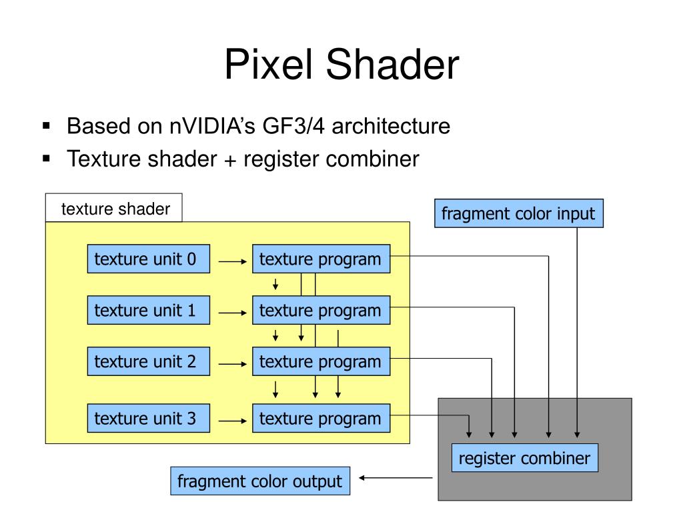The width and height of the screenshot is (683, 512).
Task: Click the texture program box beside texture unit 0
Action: (x=320, y=259)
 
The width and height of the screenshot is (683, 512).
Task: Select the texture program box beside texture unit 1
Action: (x=320, y=311)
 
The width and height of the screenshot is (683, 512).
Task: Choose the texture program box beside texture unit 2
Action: (x=320, y=362)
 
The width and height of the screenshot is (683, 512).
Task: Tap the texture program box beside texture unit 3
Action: (x=320, y=419)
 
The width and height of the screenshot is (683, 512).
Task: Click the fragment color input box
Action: (x=518, y=214)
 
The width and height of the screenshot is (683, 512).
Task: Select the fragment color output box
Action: (x=260, y=481)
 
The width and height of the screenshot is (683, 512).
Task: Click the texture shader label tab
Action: (x=115, y=209)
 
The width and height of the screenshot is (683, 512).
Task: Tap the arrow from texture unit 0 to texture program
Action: (x=233, y=262)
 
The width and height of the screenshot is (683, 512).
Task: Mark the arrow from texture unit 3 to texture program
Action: (x=233, y=421)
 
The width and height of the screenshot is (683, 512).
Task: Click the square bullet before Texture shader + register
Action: (x=46, y=159)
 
